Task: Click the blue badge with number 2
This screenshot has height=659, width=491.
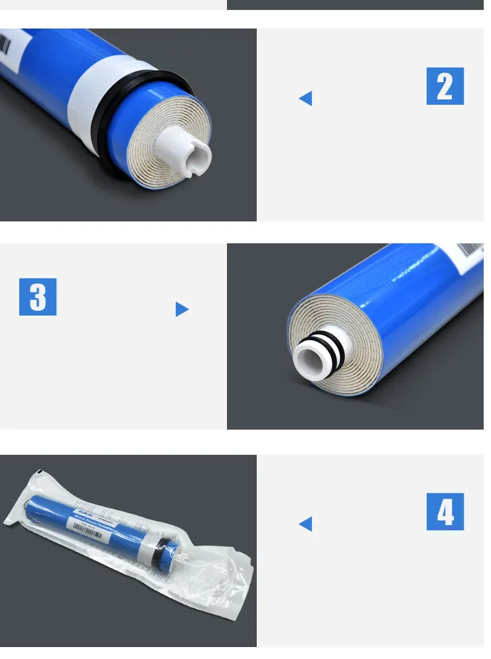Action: (x=445, y=86)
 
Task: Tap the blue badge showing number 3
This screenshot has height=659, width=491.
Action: (x=38, y=296)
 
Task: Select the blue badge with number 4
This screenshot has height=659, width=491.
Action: (x=445, y=511)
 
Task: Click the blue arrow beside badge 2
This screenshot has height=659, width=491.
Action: (x=305, y=99)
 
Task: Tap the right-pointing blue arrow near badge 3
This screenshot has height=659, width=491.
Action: (x=182, y=309)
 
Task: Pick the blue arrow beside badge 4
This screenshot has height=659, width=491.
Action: (x=305, y=524)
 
